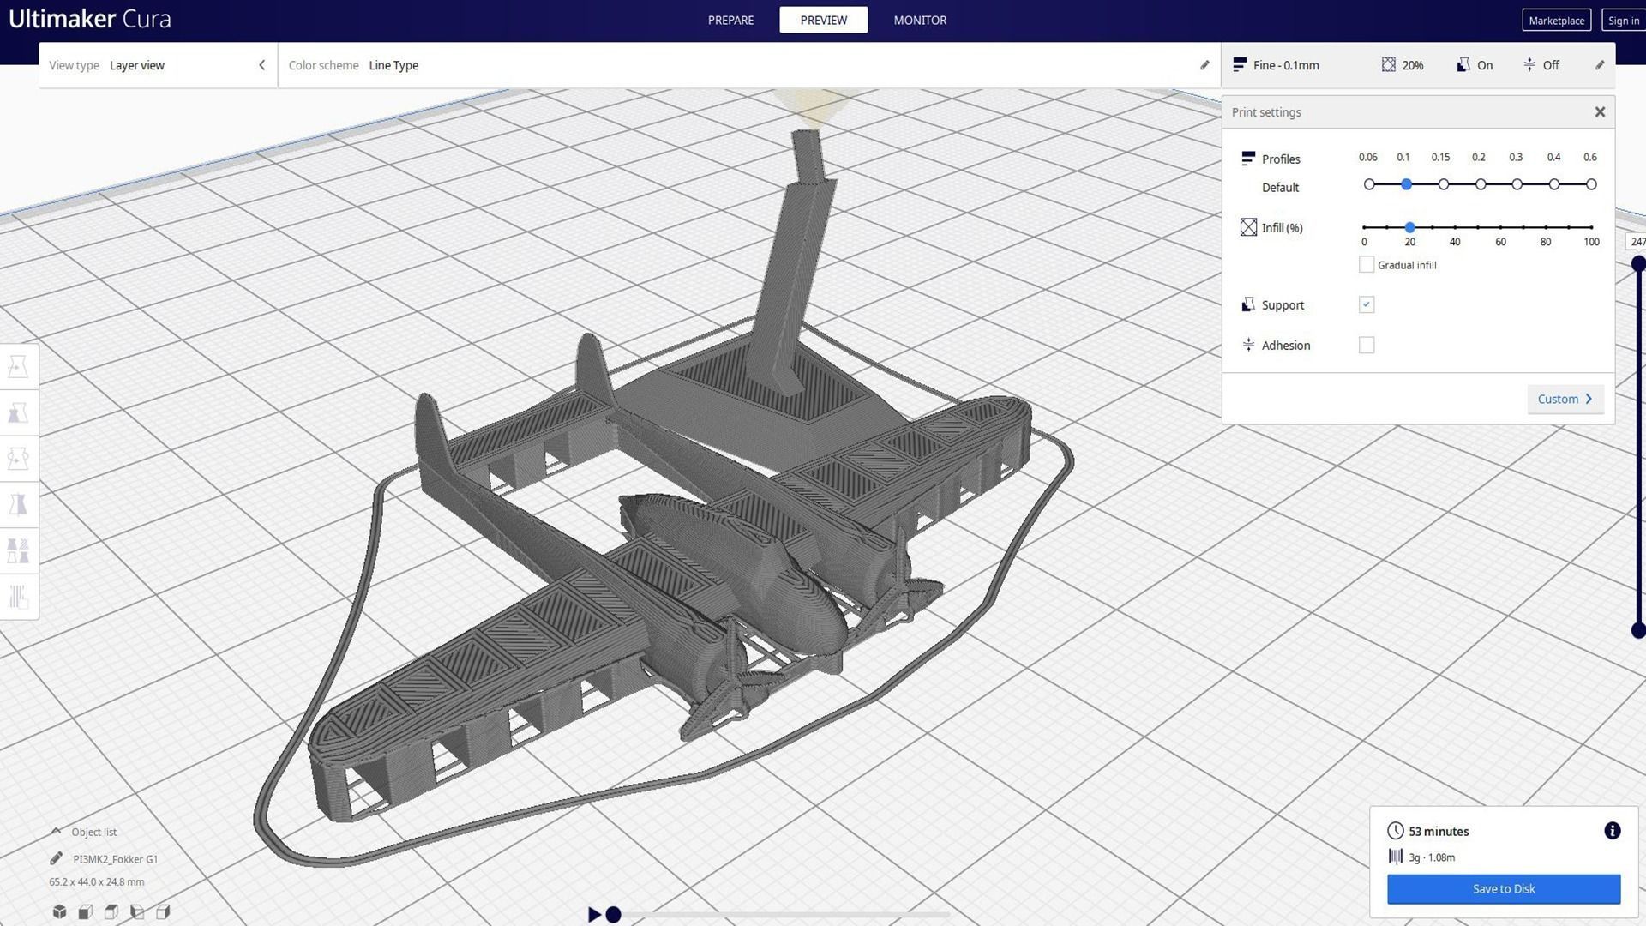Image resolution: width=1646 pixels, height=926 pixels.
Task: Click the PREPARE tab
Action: (x=730, y=20)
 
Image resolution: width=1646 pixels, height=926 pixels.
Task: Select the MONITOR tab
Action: (x=920, y=20)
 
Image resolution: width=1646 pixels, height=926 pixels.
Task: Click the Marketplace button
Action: (x=1556, y=21)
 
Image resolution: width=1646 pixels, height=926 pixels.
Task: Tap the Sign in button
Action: (x=1623, y=21)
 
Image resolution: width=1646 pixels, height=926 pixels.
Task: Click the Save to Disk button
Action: (x=1503, y=888)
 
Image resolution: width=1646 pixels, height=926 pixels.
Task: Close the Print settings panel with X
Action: (x=1599, y=112)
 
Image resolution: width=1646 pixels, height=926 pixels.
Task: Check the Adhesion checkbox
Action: (x=1367, y=345)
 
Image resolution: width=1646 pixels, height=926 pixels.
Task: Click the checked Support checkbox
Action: (x=1367, y=304)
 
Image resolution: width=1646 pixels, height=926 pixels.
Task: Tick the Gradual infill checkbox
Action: (x=1367, y=264)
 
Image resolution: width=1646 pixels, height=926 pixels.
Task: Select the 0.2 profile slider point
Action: (x=1481, y=184)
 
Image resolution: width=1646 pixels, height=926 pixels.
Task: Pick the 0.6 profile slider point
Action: (x=1591, y=184)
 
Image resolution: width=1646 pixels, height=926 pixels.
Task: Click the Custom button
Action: (x=1565, y=399)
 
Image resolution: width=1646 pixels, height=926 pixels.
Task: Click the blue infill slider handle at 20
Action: (x=1409, y=227)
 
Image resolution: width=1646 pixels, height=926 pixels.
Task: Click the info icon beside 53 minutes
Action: (x=1612, y=830)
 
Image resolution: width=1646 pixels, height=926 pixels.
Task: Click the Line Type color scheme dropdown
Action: (x=393, y=65)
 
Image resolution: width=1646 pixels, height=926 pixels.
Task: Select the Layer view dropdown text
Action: (x=137, y=65)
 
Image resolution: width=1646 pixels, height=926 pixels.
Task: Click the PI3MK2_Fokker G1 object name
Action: (x=115, y=858)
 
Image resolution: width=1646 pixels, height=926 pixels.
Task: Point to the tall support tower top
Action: (x=806, y=137)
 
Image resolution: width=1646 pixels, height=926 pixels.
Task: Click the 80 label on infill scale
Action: (x=1545, y=242)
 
